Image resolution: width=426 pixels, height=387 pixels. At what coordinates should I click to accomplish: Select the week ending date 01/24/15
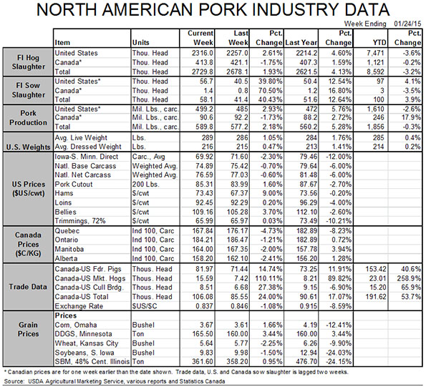pos(407,24)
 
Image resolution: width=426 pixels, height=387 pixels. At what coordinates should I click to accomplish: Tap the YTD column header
pos(379,43)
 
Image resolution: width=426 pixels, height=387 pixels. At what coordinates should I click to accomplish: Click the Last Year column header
pos(301,43)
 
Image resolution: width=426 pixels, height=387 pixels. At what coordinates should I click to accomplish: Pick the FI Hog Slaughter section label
pos(28,62)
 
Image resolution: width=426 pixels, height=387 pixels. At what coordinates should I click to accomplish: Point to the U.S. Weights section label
pos(28,147)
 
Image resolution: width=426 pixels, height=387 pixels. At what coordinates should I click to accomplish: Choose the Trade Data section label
pos(28,287)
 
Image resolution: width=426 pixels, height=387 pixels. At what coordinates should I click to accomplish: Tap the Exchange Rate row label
pos(79,306)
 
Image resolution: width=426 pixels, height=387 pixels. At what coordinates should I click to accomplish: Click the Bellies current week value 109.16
pos(203,212)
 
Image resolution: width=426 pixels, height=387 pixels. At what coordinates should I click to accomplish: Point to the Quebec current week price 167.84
pos(203,230)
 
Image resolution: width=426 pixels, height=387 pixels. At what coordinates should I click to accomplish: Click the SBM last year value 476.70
pos(306,362)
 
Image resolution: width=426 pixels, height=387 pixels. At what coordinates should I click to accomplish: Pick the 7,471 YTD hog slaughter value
pos(375,53)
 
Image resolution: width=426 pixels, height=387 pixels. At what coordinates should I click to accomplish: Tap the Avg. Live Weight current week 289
pos(208,137)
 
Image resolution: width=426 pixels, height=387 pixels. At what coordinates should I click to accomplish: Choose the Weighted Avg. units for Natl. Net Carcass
pos(155,175)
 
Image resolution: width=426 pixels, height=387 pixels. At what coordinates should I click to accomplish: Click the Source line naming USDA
pos(115,381)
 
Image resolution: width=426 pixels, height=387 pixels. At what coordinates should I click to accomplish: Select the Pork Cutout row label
pos(74,185)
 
